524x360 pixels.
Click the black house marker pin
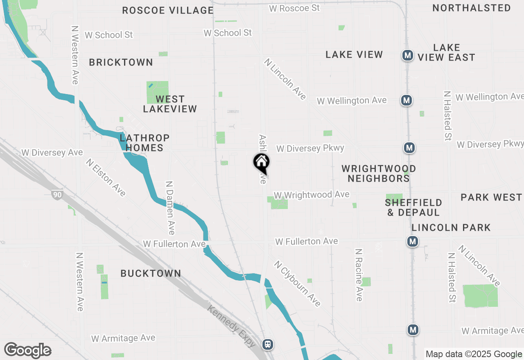click(262, 163)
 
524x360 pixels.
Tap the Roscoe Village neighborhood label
click(168, 10)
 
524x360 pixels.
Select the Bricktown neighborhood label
click(121, 62)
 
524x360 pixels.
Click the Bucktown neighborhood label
click(151, 273)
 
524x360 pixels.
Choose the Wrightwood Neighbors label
click(379, 173)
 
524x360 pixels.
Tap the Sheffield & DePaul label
click(413, 207)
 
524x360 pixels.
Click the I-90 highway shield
click(57, 195)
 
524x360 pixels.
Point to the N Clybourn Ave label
click(298, 283)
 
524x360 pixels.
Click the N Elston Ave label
click(106, 177)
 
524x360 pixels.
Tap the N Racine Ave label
click(359, 274)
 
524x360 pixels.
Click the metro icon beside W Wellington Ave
click(406, 100)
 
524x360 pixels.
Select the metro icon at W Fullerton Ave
click(413, 241)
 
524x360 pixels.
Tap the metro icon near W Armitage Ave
click(413, 329)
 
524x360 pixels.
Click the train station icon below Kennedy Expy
click(268, 344)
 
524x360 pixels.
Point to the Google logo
click(27, 351)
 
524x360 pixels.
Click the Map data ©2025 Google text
click(474, 354)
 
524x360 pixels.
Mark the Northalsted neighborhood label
click(472, 8)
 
